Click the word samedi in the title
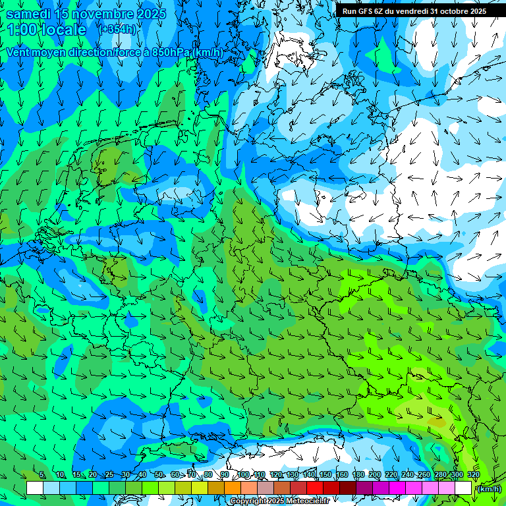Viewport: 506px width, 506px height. click(x=29, y=14)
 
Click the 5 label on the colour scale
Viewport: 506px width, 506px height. click(x=42, y=474)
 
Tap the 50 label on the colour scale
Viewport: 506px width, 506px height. click(x=159, y=474)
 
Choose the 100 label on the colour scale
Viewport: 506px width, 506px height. click(x=242, y=474)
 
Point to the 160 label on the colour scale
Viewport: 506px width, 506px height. click(x=342, y=474)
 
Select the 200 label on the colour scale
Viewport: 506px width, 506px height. click(x=375, y=474)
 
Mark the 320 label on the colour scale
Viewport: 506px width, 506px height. click(x=473, y=474)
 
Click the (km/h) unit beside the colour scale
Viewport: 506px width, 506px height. click(x=489, y=489)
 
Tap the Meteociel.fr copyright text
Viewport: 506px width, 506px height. click(x=304, y=501)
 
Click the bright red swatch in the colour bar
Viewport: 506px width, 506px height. click(x=315, y=488)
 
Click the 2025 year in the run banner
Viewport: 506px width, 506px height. click(x=476, y=11)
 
